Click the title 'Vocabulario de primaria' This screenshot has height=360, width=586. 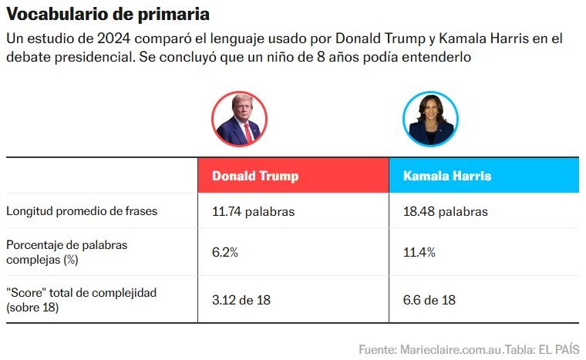(108, 15)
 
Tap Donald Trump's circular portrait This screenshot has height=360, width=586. (239, 119)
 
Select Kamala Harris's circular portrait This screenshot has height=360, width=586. (430, 119)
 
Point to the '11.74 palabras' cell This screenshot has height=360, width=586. (253, 211)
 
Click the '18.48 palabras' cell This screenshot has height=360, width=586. (446, 211)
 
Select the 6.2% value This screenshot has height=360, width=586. (225, 252)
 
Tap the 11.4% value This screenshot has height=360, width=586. (419, 252)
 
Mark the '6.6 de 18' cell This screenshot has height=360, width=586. (429, 299)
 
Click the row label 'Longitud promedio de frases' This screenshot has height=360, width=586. (82, 211)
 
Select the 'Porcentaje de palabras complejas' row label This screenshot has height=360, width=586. (66, 252)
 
